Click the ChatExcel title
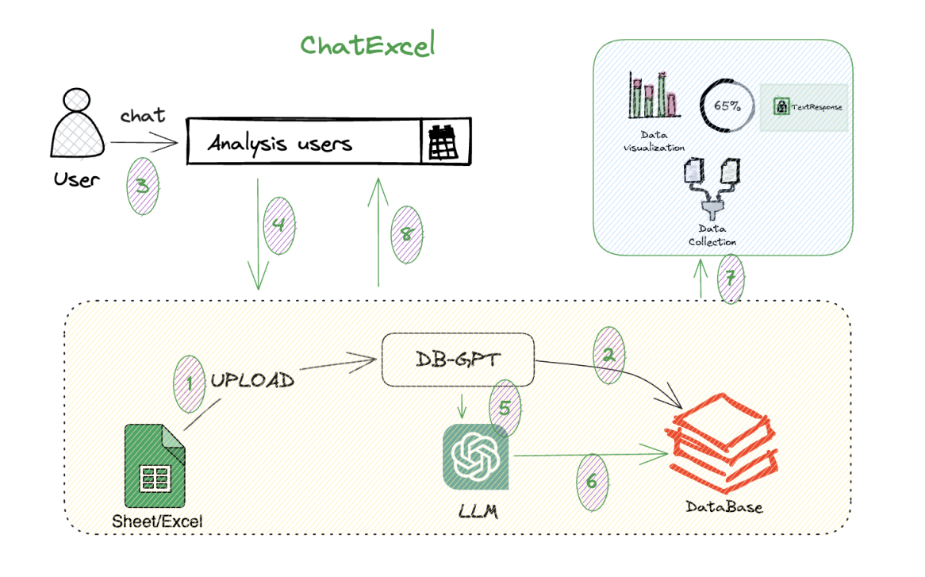coord(367,45)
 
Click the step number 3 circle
coord(144,185)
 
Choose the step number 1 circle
coord(189,382)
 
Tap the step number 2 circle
coord(608,356)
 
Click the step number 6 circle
coord(590,482)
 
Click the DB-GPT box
coord(458,360)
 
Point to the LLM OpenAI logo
coord(478,457)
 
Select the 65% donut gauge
coord(725,106)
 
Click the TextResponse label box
coord(804,106)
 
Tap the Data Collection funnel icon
coord(712,190)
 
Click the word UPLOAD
coord(252,380)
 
